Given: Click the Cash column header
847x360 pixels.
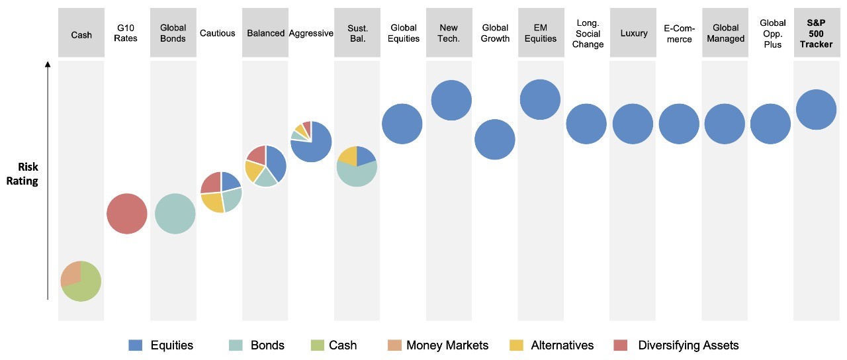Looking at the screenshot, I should (x=81, y=34).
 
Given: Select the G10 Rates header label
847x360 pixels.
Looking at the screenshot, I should (x=126, y=33).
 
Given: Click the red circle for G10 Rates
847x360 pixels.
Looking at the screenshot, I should (x=126, y=214).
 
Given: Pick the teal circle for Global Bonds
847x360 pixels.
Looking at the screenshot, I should (x=175, y=214).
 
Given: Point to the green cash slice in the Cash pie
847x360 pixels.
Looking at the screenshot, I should (x=85, y=286).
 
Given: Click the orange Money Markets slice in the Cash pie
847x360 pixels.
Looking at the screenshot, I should (x=69, y=273).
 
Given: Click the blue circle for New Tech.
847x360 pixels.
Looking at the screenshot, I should (x=451, y=101).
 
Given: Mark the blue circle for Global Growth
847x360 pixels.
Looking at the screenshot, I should (x=495, y=140).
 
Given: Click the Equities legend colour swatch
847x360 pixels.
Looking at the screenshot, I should (x=136, y=345).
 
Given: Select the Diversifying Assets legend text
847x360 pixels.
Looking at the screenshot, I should (x=688, y=345).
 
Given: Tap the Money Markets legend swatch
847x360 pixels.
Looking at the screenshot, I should (x=395, y=345).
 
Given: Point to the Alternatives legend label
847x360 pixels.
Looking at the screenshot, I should (x=562, y=345).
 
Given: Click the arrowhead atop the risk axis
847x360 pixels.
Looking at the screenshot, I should (x=48, y=65).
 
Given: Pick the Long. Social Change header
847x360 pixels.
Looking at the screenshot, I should (x=588, y=34).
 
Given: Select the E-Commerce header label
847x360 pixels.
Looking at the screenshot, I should (x=679, y=34).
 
